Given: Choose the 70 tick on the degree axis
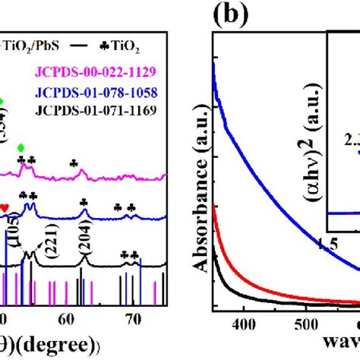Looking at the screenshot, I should pyautogui.click(x=133, y=317).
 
